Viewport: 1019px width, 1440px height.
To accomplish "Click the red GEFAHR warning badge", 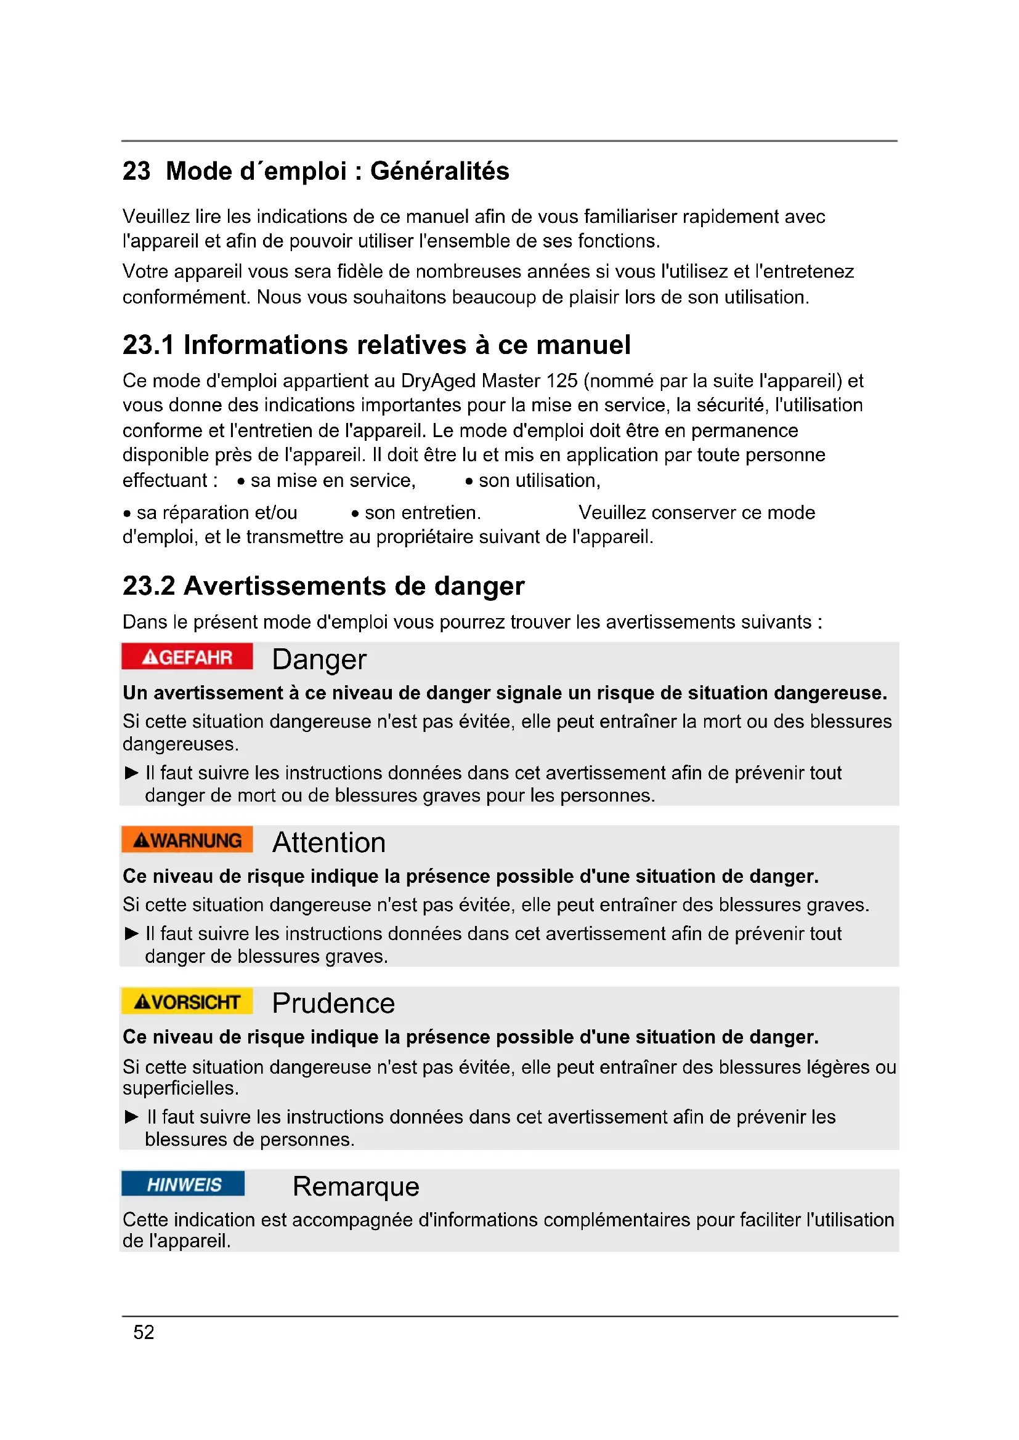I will coord(187,657).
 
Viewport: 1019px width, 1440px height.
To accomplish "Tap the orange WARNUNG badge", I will coord(187,840).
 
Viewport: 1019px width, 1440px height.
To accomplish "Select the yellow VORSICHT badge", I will coord(187,1002).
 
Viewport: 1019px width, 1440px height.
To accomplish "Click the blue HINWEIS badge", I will coord(183,1184).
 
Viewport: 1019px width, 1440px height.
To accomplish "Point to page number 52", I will coord(144,1332).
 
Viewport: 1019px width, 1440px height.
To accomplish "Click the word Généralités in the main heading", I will coord(439,171).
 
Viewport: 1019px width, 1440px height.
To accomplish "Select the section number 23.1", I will coord(147,345).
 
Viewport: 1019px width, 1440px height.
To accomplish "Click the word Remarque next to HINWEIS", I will coord(355,1186).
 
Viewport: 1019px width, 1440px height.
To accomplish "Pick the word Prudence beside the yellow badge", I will coord(333,1004).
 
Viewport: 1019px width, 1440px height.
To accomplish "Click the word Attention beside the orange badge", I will coord(329,842).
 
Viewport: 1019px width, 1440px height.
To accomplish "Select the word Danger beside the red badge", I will coord(319,659).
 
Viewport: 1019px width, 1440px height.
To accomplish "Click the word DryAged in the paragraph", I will coord(438,380).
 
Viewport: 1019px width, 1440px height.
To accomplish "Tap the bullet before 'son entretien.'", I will coord(355,513).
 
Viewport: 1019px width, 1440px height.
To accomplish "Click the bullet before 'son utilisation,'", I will coord(469,481).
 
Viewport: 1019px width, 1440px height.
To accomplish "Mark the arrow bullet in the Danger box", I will coord(131,773).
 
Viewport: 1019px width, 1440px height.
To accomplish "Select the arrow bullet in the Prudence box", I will coord(131,1116).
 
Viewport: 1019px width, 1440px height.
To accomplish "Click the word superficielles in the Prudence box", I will coord(180,1088).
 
